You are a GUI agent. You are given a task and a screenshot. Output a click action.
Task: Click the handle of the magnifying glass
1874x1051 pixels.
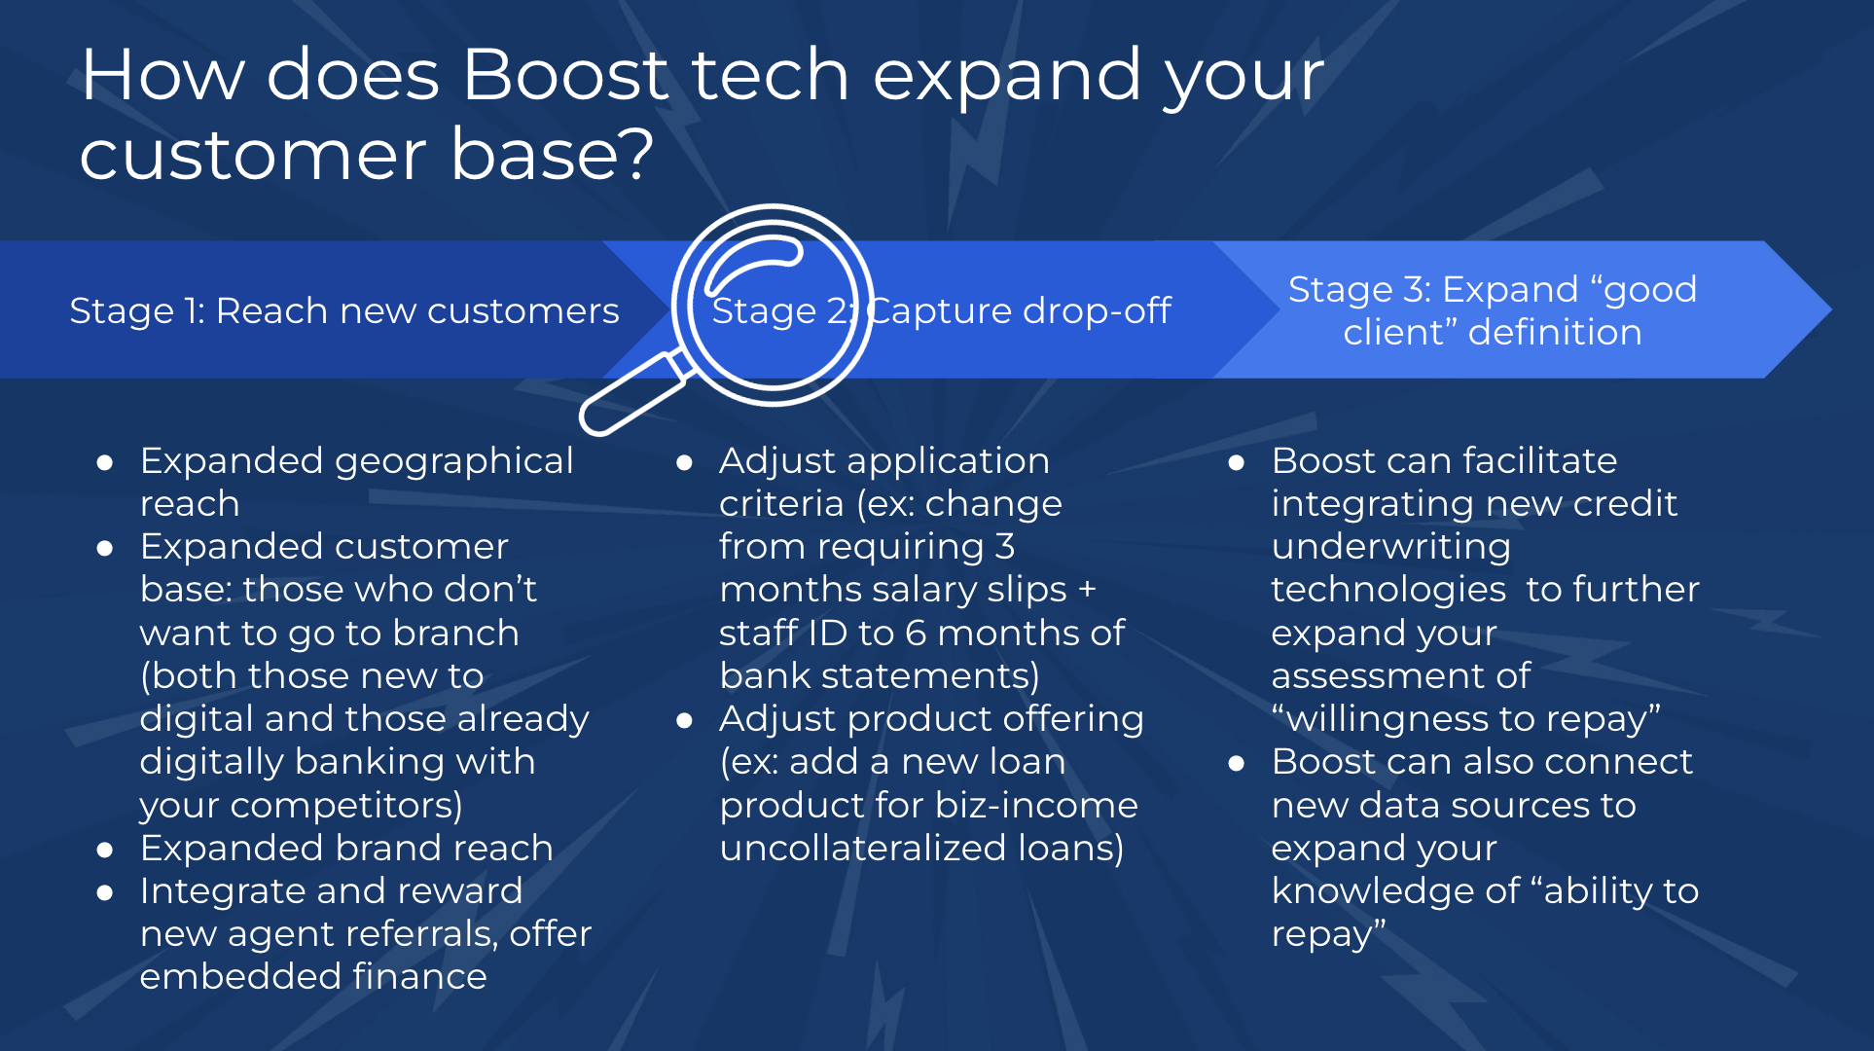(x=631, y=394)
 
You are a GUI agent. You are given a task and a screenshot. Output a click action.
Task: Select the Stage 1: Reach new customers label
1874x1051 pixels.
(x=344, y=310)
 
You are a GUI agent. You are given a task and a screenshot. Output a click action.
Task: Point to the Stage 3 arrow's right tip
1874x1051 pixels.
(x=1832, y=309)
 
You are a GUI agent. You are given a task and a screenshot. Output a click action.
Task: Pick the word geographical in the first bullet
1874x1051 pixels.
(x=454, y=461)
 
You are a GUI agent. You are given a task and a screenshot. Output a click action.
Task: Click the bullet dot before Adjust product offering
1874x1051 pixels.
(x=684, y=721)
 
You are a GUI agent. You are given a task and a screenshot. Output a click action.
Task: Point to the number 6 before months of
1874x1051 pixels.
(x=916, y=634)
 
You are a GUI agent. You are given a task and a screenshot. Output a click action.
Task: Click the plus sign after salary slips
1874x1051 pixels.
(x=1087, y=590)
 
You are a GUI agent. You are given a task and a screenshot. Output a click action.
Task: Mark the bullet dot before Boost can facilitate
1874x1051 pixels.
(x=1237, y=463)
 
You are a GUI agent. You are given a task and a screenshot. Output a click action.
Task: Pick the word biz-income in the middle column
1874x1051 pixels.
(x=1036, y=806)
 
